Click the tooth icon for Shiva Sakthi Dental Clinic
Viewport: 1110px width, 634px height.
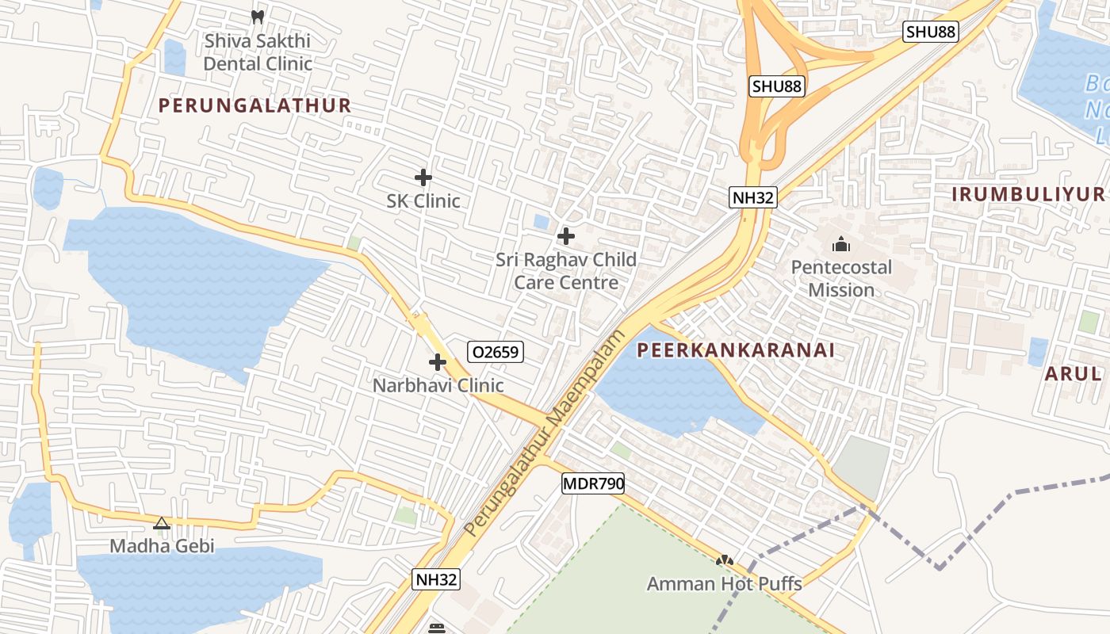coord(257,16)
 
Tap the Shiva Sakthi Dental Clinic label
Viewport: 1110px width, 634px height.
coord(258,52)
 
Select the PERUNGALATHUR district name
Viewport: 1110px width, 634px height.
coord(255,105)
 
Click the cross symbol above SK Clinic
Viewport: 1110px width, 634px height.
coord(423,178)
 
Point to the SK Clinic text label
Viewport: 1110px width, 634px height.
coord(423,201)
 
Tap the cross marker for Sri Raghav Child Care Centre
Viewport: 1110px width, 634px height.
coord(566,235)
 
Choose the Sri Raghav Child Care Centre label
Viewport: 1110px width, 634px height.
coord(566,271)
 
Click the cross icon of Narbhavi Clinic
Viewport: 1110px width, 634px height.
coord(437,362)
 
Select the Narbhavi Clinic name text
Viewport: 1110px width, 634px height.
coord(438,386)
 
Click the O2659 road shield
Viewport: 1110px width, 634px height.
coord(496,352)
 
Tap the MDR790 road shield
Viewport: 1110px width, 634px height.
coord(593,483)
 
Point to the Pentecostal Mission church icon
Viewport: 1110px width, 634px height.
coord(841,243)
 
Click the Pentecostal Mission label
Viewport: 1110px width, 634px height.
coord(841,279)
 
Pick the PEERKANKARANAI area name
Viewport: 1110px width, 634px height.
coord(736,350)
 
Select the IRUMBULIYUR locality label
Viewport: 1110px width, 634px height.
coord(1028,195)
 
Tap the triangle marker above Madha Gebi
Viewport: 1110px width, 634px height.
coord(162,523)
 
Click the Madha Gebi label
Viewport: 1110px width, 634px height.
coord(162,546)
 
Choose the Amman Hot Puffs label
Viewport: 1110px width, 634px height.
coord(724,585)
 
